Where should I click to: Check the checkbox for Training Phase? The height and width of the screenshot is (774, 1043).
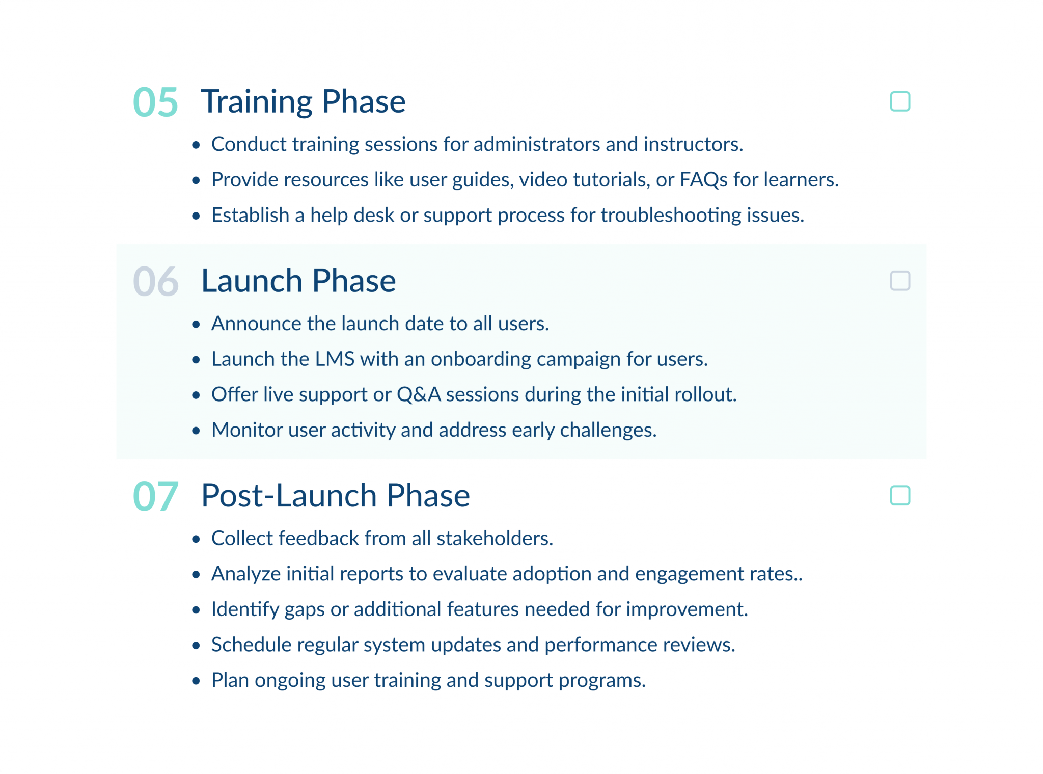point(899,101)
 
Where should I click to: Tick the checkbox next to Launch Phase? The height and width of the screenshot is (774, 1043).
point(899,281)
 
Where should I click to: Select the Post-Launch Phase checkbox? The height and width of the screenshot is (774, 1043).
point(899,495)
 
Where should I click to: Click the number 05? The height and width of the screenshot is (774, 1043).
point(155,102)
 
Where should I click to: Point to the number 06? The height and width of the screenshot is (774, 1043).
point(155,282)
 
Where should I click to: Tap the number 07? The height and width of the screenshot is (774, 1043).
point(155,496)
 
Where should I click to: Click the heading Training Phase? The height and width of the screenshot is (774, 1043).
point(303,101)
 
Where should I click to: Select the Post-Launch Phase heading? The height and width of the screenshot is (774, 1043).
point(335,495)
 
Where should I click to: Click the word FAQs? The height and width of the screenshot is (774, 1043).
point(703,180)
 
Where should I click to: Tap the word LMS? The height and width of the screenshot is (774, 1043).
point(335,359)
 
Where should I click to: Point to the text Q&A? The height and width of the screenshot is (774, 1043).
point(419,395)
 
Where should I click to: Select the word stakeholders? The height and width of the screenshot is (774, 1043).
point(494,539)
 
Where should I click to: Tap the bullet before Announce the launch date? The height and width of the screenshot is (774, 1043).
point(196,325)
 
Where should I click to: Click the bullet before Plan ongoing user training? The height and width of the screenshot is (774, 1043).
point(196,681)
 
